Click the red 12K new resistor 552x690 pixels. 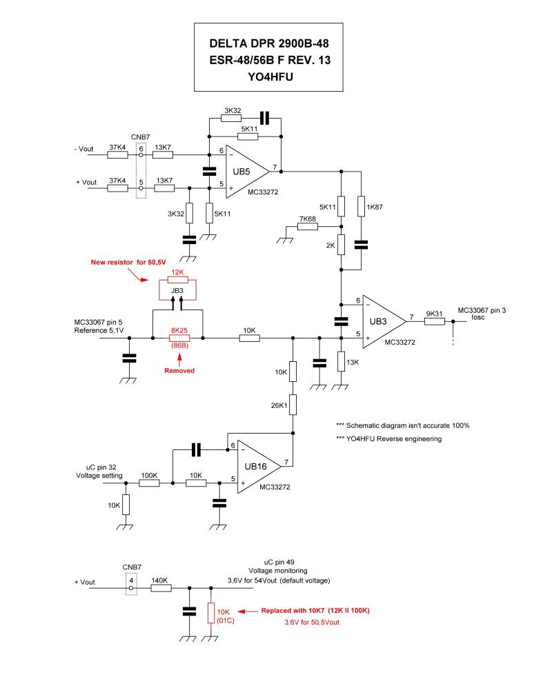click(x=178, y=282)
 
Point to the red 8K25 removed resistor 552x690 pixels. click(x=180, y=338)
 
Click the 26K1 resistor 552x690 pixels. click(x=293, y=404)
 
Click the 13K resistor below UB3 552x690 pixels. click(x=341, y=361)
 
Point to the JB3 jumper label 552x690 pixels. click(x=177, y=292)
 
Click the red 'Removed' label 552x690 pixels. click(x=179, y=370)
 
